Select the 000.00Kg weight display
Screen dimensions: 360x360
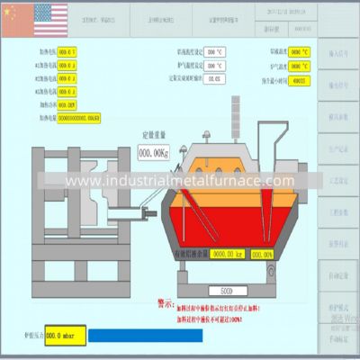156,154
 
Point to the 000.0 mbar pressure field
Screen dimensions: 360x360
65,335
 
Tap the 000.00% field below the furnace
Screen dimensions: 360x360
262,255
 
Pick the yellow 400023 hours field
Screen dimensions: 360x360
299,80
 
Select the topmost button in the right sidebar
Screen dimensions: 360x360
339,51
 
